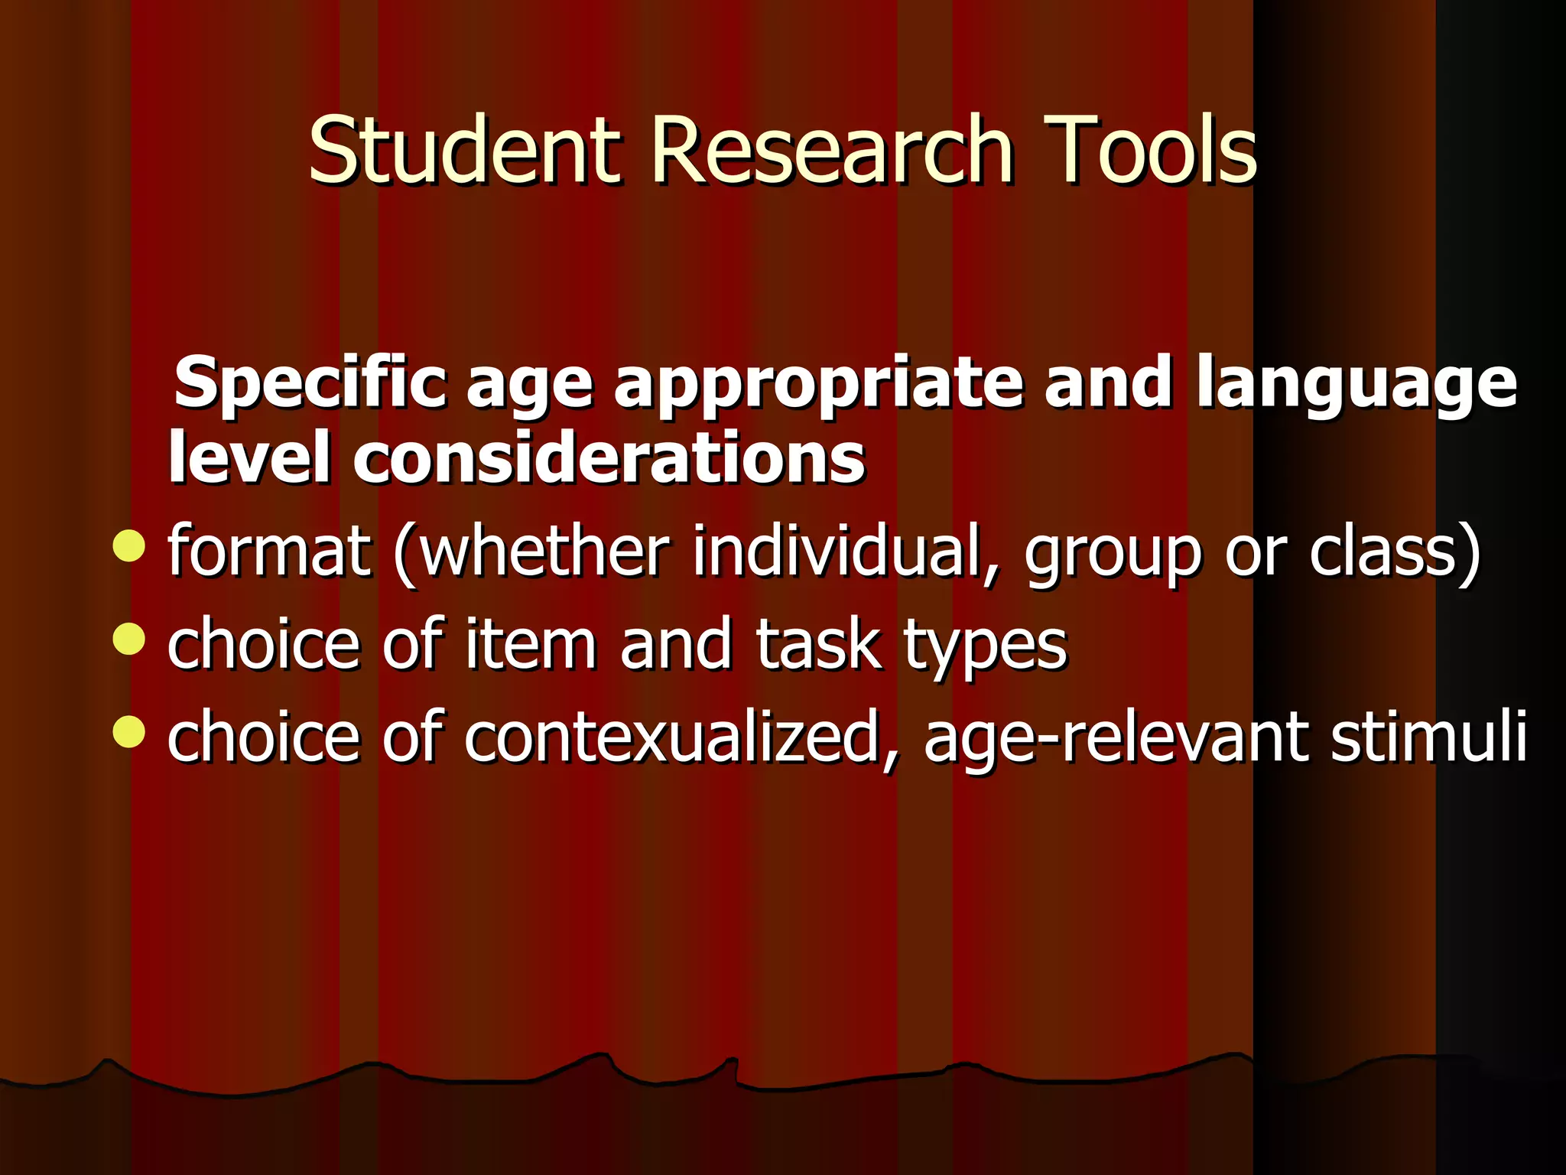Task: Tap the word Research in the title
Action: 832,150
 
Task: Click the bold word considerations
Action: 609,458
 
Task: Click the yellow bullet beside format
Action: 128,545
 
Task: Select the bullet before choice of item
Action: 128,640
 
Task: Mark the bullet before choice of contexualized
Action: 128,731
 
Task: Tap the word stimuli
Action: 1428,736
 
